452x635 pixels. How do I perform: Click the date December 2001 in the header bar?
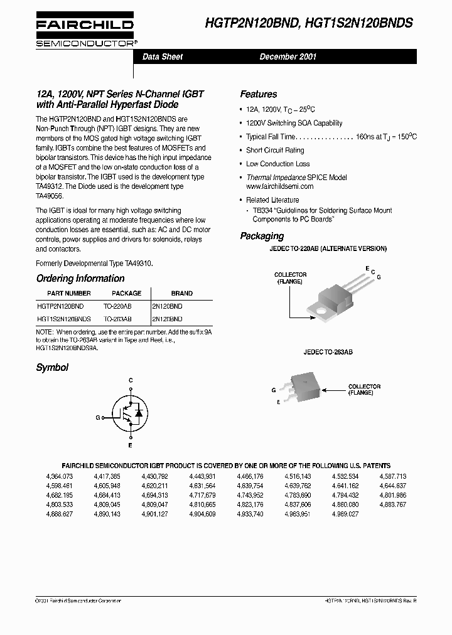288,57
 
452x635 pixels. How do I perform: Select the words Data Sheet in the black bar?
163,57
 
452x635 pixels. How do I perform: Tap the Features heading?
258,94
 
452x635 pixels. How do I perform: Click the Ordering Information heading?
80,279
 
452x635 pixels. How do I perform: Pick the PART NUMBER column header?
70,293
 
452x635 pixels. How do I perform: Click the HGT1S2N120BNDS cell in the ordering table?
63,319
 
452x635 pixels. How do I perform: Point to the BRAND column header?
181,293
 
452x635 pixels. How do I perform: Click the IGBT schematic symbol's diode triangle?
139,415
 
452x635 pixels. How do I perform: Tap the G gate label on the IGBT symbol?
98,417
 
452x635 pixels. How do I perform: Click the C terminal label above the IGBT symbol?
131,381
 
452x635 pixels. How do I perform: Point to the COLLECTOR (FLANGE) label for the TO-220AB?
289,278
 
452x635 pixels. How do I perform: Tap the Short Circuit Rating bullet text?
275,151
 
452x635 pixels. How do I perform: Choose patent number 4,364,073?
60,476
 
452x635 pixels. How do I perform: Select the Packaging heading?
262,237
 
